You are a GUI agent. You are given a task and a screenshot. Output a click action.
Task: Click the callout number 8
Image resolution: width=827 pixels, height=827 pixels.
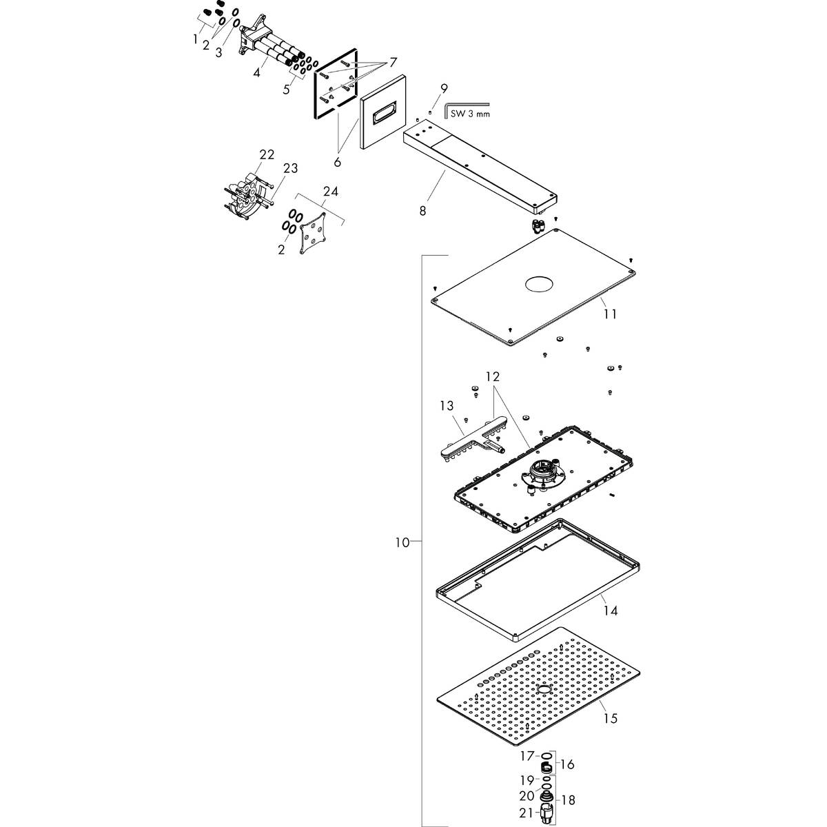(x=422, y=210)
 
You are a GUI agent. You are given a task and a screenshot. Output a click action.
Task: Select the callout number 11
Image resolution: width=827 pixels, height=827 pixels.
(x=609, y=314)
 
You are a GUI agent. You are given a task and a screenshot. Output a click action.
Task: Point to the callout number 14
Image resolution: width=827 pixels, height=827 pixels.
(x=609, y=611)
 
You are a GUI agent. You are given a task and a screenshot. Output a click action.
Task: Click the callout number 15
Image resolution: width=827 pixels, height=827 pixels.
(x=609, y=719)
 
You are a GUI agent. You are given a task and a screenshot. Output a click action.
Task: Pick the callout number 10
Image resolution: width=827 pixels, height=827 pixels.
(x=402, y=542)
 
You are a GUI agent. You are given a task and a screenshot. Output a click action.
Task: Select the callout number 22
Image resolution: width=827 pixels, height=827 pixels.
(x=267, y=154)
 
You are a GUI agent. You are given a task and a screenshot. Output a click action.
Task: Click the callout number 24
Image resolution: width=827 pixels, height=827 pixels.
(x=331, y=192)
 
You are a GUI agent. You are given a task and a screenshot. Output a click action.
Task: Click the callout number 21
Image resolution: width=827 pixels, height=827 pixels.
(x=527, y=813)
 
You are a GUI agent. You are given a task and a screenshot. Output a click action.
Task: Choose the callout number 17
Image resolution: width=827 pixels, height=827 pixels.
(x=527, y=756)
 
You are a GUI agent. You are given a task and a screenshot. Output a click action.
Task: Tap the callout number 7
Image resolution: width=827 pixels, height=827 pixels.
(x=393, y=63)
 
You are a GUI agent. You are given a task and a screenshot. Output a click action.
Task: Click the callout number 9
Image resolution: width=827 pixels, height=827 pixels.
(x=445, y=88)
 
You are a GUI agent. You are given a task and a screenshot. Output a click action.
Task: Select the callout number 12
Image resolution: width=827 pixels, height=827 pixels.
(x=492, y=377)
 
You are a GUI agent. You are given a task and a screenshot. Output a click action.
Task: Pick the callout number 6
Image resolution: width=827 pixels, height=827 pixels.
(x=338, y=162)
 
